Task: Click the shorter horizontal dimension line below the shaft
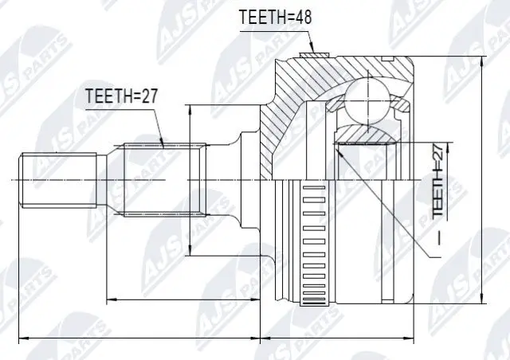183,300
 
